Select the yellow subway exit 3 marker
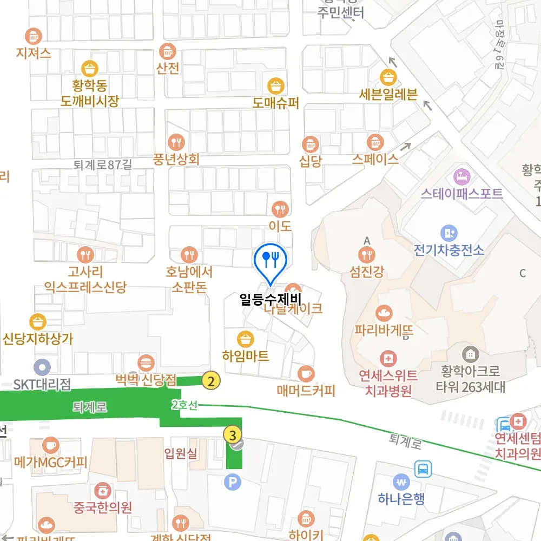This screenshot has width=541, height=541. pos(233,434)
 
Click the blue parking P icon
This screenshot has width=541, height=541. pos(233,481)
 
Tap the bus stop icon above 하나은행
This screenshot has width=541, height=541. pos(423,469)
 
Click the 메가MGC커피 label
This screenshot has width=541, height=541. pos(50,463)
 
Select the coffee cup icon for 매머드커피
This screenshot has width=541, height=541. pos(306,373)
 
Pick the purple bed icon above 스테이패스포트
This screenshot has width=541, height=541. pos(461,176)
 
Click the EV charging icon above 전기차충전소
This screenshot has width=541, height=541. pos(448,233)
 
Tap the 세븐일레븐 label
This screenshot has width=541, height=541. pos(388,95)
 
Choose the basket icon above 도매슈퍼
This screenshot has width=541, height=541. pos(276,85)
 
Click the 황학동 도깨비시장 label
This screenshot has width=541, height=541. pos(90,93)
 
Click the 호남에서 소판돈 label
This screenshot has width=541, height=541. pos(189,279)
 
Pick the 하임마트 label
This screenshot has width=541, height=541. pos(246,356)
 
